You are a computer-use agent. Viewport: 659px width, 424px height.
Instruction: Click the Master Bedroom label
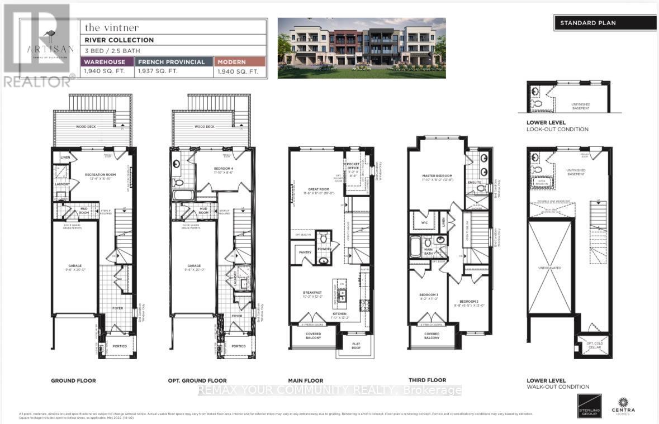click(x=437, y=176)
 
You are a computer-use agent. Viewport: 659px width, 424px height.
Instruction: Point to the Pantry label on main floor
click(x=305, y=253)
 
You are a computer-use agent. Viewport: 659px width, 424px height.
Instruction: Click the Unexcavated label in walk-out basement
click(x=551, y=268)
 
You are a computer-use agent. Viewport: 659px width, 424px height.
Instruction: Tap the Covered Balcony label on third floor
click(x=432, y=336)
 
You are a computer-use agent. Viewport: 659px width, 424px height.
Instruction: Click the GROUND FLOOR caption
click(x=73, y=380)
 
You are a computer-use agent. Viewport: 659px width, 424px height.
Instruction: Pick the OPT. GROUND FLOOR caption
click(x=197, y=380)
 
